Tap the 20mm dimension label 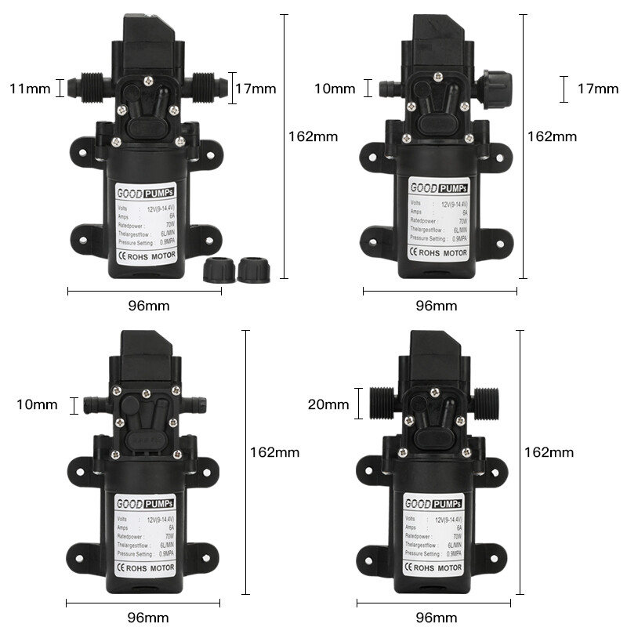click(x=328, y=404)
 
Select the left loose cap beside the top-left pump click(x=216, y=271)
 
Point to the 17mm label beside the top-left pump click(x=256, y=89)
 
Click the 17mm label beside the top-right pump click(x=598, y=89)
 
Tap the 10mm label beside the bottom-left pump click(x=37, y=404)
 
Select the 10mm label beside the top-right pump click(x=335, y=88)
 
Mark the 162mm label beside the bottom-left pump click(x=274, y=452)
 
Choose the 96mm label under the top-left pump click(x=148, y=305)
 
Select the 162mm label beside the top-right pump click(x=552, y=136)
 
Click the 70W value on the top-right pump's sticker click(x=464, y=221)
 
